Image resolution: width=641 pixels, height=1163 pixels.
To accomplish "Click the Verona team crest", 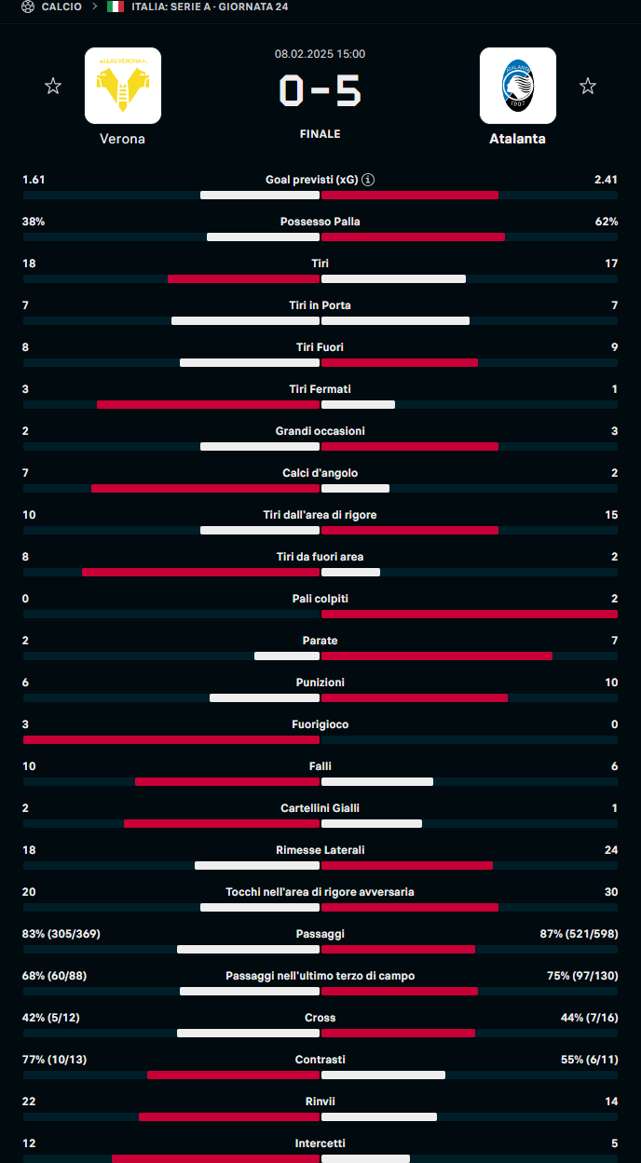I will click(123, 86).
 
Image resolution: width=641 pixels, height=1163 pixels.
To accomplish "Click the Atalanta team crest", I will click(518, 86).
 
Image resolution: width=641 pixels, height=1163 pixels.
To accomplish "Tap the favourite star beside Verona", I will click(53, 87).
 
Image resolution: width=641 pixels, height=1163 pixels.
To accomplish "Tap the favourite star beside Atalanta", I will click(588, 87).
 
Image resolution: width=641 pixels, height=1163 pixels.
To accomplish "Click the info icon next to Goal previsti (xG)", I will click(368, 180).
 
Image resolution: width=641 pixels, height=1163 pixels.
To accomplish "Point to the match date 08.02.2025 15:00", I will click(320, 54).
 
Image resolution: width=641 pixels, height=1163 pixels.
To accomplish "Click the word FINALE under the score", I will click(320, 134).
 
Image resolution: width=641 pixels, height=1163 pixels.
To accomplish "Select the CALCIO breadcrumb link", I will click(61, 7).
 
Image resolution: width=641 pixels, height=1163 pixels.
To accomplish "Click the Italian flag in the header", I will click(116, 7).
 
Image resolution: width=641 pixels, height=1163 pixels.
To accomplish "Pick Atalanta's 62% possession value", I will click(607, 222).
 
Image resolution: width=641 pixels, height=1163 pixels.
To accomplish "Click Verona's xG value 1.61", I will click(34, 180).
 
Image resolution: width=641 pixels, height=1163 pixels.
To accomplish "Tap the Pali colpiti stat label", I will click(320, 599).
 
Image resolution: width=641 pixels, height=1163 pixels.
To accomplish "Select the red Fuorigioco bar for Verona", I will click(171, 740).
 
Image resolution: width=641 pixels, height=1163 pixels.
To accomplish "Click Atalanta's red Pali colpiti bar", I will click(470, 615).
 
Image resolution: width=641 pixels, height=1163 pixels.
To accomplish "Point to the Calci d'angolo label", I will click(320, 473).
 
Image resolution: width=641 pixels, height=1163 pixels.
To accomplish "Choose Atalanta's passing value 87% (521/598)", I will click(579, 934).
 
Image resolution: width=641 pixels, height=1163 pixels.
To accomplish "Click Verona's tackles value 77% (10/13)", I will click(54, 1060).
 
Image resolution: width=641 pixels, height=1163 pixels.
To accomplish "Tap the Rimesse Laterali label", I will click(320, 850).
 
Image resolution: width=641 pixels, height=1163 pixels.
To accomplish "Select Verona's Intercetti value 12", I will click(29, 1143).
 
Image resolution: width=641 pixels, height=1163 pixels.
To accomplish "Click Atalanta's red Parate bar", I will click(437, 656).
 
